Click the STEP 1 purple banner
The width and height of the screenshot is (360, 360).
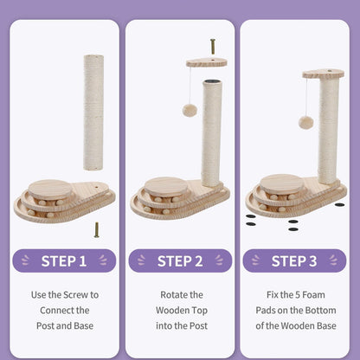tap(65, 260)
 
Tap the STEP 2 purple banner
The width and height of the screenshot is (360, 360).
tap(180, 260)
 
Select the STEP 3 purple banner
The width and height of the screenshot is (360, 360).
tap(295, 260)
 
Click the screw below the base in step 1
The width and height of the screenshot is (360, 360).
tap(97, 229)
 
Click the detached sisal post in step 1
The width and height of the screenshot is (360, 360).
tap(93, 112)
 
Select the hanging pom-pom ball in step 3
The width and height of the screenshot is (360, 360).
tap(305, 122)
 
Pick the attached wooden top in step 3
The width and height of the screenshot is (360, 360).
tap(323, 74)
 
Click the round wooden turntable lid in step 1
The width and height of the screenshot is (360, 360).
tap(50, 188)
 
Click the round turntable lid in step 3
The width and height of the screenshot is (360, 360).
tap(281, 183)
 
